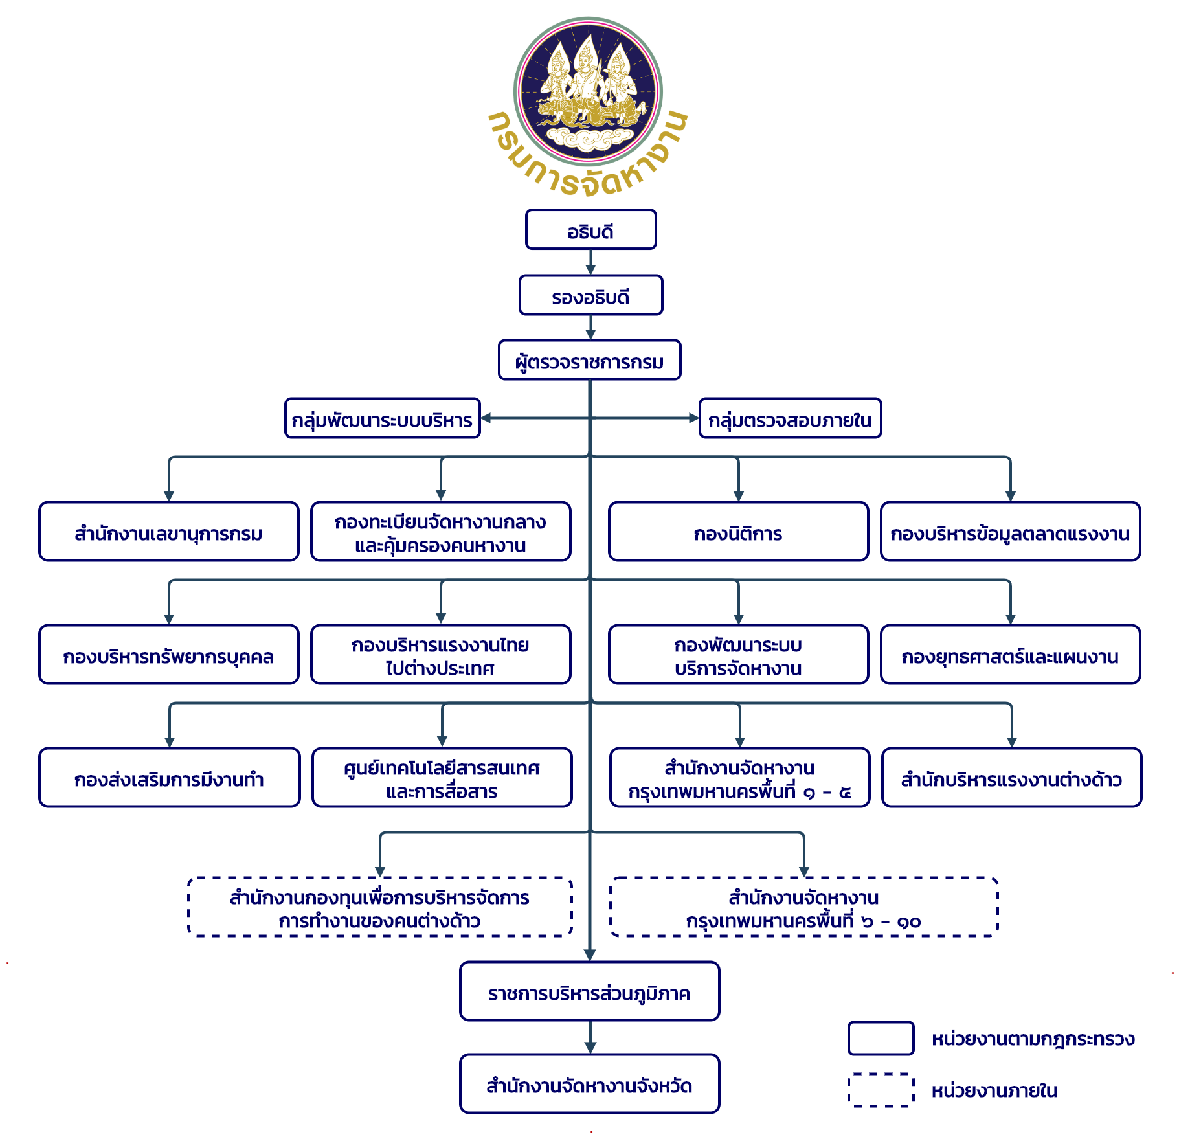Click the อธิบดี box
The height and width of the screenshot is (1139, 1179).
coord(590,229)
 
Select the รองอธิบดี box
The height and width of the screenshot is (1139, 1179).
coord(590,295)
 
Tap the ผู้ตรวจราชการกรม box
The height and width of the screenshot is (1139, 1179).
coord(589,360)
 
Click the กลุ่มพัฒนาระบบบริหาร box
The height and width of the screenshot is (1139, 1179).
coord(382,418)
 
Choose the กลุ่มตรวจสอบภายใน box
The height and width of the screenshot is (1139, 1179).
coord(790,418)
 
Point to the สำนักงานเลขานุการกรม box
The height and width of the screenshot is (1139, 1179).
coord(168,532)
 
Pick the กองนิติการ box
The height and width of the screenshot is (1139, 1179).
coord(738,532)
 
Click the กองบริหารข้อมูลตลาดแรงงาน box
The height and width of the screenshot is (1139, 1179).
coord(1010,532)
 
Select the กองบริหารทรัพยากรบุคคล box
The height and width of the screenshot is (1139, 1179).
coord(168,655)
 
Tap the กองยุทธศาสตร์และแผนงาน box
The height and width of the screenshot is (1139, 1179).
coord(1010,655)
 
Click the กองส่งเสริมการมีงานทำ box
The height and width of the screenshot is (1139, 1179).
coord(169,778)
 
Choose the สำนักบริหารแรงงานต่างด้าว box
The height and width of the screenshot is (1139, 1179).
coord(1011,778)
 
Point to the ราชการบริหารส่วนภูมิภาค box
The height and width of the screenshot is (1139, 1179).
coord(589,991)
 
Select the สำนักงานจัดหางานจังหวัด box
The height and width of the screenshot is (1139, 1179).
coord(589,1084)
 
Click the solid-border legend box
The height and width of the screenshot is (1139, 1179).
coord(881,1039)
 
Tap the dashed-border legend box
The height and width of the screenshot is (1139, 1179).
coord(881,1090)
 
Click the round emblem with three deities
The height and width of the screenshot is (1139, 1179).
coord(588,91)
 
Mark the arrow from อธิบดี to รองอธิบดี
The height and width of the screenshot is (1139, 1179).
coord(590,262)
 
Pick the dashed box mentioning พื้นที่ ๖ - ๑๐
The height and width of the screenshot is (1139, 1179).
coord(803,907)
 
